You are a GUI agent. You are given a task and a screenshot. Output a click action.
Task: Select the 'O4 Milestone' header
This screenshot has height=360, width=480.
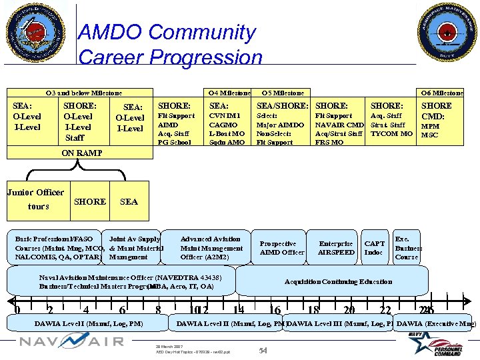(x=229, y=93)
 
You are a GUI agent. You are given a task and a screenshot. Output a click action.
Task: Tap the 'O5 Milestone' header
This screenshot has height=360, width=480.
(x=283, y=93)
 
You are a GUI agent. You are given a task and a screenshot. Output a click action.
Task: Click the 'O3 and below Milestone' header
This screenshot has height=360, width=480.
(x=83, y=93)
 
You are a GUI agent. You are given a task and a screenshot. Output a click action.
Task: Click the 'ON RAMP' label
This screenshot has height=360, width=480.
(x=82, y=153)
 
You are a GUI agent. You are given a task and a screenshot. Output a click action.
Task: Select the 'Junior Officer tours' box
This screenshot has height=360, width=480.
(x=36, y=199)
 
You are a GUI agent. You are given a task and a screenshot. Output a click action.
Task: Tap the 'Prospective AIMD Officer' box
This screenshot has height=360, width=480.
(x=282, y=248)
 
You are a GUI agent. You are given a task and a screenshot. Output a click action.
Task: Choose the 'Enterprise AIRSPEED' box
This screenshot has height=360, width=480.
(x=336, y=248)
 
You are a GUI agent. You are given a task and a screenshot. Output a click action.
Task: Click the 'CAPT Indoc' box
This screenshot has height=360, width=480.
(x=374, y=248)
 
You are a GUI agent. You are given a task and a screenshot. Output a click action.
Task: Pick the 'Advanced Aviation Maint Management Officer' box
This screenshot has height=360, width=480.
(x=211, y=248)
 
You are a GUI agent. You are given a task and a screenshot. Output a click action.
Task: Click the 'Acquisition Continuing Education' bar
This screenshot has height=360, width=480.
(x=338, y=281)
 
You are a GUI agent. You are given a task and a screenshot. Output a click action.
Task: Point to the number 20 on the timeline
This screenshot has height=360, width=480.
(x=349, y=309)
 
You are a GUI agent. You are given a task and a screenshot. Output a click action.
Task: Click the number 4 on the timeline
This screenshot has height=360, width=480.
(x=85, y=309)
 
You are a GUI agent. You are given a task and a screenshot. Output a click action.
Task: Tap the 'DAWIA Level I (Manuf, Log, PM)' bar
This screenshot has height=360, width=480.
(x=89, y=324)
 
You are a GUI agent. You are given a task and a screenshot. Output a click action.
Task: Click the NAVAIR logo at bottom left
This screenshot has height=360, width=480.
(x=71, y=341)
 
